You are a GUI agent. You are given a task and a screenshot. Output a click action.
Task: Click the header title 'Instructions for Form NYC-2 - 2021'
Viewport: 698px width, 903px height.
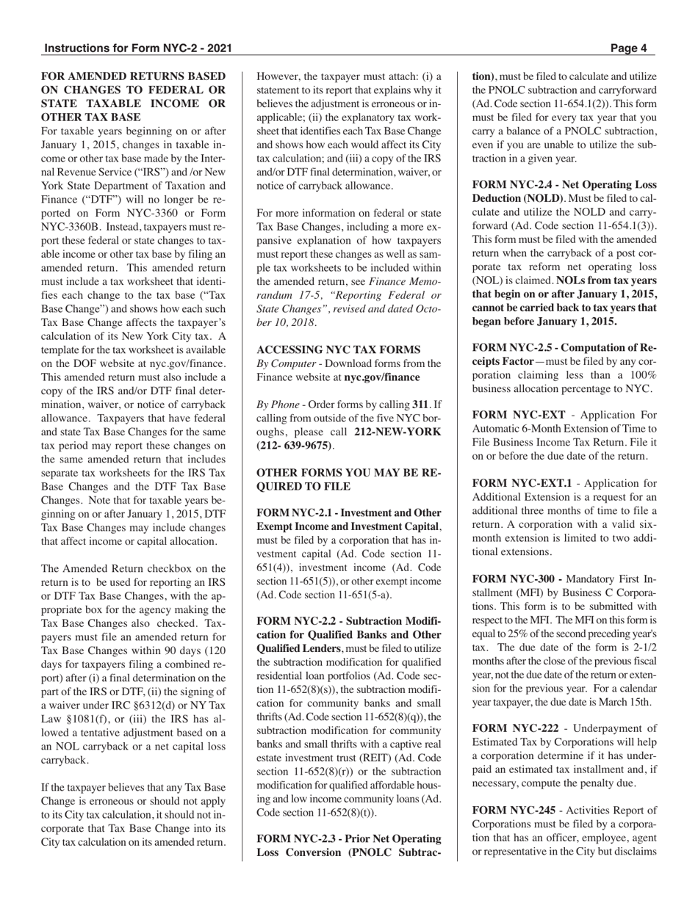(139, 48)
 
